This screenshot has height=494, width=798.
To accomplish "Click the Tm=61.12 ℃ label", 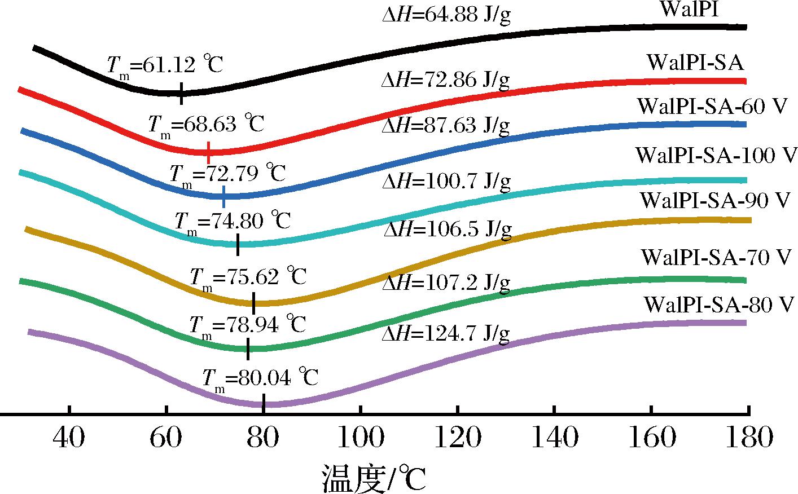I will tap(165, 65).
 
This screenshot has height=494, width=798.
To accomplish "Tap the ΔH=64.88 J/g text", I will tap(446, 14).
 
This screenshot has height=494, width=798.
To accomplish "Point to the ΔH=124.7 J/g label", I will tap(446, 334).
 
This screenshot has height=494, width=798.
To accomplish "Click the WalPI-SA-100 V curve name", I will tap(716, 155).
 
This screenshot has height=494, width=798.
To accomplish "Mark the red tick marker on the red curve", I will tap(209, 152).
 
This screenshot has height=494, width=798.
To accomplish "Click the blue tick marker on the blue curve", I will tap(224, 196).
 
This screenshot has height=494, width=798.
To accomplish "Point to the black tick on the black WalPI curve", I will tap(181, 94).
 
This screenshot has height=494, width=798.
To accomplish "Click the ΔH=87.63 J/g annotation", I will tap(446, 126).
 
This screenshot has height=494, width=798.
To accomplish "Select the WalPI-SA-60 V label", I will tap(711, 107).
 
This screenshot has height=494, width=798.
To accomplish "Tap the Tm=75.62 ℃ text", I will tap(248, 277).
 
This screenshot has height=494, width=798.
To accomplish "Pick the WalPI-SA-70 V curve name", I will tap(716, 258).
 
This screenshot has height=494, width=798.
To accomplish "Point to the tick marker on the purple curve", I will tap(264, 403).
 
